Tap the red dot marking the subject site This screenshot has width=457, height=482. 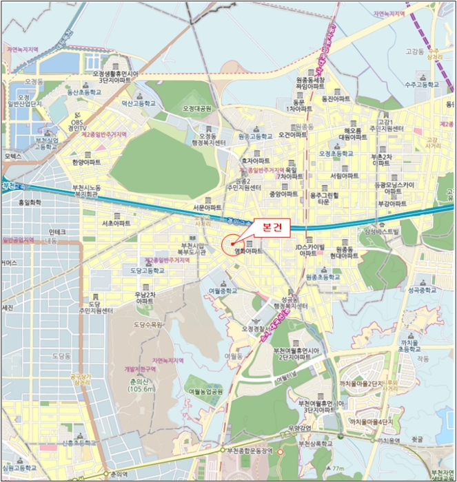tap(233, 243)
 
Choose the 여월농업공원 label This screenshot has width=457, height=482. tap(205, 390)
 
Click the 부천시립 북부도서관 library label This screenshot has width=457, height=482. tap(192, 249)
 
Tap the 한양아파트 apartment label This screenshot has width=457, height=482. tap(86, 162)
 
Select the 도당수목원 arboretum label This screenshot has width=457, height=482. tap(148, 324)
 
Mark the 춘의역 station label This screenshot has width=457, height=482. tap(119, 474)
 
